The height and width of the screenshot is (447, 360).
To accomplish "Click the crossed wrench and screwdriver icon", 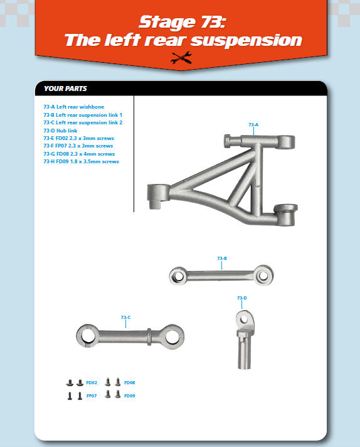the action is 181,58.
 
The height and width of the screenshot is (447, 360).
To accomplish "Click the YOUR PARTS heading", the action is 65,89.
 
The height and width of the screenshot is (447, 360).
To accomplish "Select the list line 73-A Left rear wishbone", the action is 74,107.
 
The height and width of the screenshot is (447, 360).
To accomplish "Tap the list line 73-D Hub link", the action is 60,131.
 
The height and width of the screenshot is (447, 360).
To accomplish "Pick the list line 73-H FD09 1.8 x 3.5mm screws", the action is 81,161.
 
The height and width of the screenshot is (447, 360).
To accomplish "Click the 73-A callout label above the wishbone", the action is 253,124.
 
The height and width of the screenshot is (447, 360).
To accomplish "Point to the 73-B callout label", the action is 222,258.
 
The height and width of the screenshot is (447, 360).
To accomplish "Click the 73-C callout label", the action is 125,317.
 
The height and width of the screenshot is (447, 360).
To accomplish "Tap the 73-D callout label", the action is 242,298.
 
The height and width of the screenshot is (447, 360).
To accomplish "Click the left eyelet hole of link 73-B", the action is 179,276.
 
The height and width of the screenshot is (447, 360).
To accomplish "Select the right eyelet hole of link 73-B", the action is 263,276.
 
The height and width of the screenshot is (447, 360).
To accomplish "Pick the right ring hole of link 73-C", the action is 172,337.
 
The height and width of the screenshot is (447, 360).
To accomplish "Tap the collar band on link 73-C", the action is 149,337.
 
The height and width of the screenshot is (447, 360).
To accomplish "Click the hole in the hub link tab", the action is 244,320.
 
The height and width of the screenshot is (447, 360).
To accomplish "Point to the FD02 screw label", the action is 92,382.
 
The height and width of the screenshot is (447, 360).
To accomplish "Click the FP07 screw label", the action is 92,396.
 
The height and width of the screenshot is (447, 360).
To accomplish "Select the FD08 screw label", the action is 130,382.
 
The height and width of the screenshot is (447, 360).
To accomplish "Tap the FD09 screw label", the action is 130,396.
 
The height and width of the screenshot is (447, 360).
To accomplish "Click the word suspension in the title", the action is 246,40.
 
